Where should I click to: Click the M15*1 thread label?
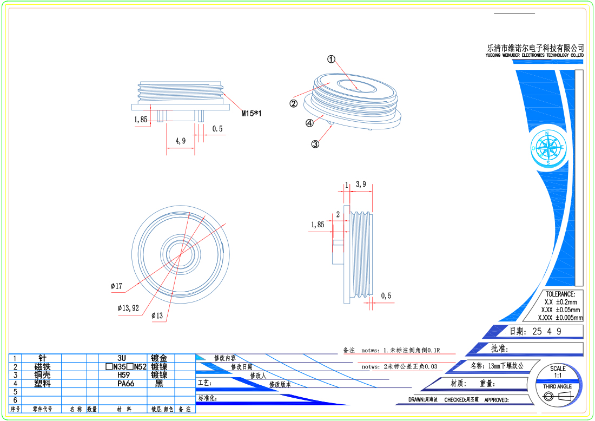click(252, 113)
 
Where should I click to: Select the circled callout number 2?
click(294, 104)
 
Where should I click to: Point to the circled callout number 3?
click(315, 144)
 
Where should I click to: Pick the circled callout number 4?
click(309, 123)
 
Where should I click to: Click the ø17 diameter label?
click(116, 286)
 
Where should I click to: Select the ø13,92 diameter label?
click(128, 308)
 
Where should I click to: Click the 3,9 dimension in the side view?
click(361, 185)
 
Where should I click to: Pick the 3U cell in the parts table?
click(122, 358)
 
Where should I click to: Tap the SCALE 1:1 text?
click(558, 372)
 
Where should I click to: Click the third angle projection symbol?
click(557, 397)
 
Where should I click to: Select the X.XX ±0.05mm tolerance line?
click(560, 310)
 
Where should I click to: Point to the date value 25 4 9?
click(547, 331)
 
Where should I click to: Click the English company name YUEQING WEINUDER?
click(535, 55)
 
